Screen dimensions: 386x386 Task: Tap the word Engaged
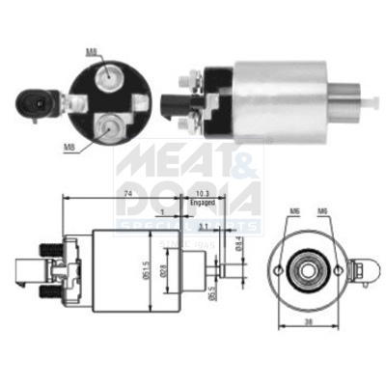click(x=201, y=204)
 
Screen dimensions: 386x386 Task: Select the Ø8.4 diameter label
click(x=238, y=257)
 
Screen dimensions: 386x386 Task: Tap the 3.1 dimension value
click(x=203, y=226)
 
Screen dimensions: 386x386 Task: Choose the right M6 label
click(x=324, y=211)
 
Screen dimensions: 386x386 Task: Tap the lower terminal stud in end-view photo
click(x=109, y=123)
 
